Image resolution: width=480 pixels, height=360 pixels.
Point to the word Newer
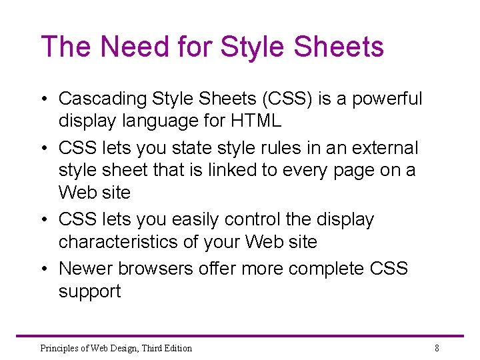(x=85, y=269)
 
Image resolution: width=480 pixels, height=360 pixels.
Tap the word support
(x=90, y=292)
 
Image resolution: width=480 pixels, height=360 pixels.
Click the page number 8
(x=437, y=348)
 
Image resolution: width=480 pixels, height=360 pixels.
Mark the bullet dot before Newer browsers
(x=44, y=269)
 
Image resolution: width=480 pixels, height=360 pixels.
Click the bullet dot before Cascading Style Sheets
(x=44, y=99)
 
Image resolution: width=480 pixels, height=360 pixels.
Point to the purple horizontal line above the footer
(x=240, y=336)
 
